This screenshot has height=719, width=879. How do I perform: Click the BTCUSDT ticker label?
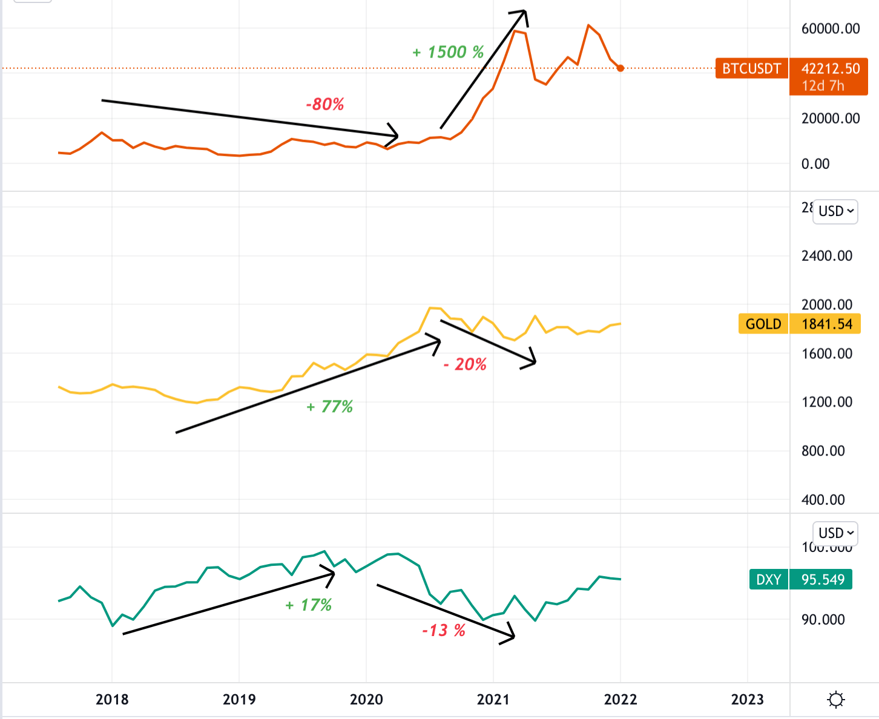751,68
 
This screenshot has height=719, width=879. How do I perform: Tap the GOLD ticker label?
763,324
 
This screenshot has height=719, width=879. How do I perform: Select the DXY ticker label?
768,579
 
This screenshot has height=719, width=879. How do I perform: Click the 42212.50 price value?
830,68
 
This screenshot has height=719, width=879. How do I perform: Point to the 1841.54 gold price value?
826,324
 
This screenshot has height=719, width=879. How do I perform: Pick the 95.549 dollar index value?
823,579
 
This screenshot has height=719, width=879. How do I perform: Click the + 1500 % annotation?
448,52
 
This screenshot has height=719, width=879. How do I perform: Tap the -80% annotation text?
325,105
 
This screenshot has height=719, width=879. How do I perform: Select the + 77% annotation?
330,406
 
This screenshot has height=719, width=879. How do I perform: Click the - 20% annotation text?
465,364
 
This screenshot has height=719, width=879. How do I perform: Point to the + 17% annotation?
309,605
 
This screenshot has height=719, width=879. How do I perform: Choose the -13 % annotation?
444,630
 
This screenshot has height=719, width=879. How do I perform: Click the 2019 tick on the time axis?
239,700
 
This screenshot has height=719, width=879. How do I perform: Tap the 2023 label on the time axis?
747,700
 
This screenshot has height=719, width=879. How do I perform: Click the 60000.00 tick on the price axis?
830,28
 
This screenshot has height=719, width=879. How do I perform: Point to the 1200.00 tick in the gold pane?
826,402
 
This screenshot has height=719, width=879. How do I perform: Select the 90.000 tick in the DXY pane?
823,619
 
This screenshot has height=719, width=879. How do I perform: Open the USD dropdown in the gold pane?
835,211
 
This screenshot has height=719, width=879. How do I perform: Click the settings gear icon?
835,700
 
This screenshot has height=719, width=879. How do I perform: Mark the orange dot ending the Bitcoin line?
621,68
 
